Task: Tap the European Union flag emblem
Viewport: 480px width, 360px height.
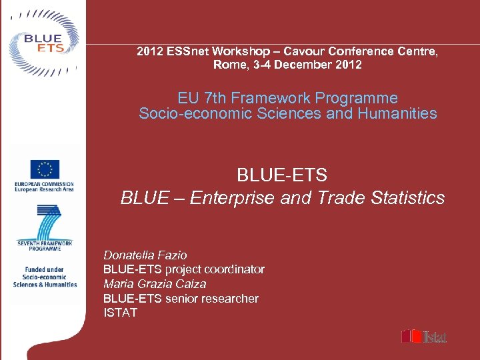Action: coord(45,170)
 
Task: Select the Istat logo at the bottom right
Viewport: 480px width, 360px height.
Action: coord(424,336)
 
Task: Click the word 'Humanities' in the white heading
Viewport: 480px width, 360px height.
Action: coord(397,113)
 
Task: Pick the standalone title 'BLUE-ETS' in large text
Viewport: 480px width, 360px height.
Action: coord(282,175)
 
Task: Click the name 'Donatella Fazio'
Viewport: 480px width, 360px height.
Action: coord(145,255)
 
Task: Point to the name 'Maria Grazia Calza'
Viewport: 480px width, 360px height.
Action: coord(155,284)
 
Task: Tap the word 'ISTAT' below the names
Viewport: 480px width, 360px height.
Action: coord(121,313)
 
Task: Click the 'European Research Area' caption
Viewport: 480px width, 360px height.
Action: coord(44,189)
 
